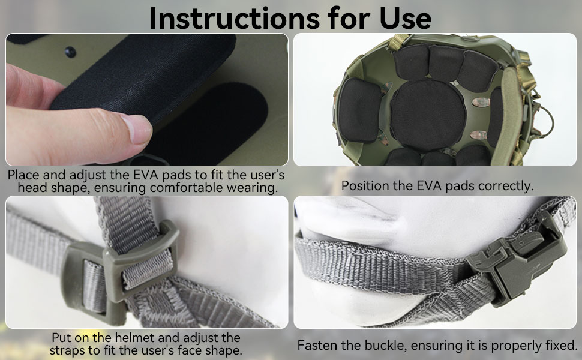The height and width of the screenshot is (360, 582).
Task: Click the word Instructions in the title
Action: (235, 18)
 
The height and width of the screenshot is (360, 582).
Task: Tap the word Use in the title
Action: (406, 18)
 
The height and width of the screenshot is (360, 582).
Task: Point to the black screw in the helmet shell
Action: (70, 52)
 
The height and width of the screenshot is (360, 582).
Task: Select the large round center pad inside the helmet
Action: (428, 115)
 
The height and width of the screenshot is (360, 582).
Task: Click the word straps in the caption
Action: (63, 351)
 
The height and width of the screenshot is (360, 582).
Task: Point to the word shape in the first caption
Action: (70, 188)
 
